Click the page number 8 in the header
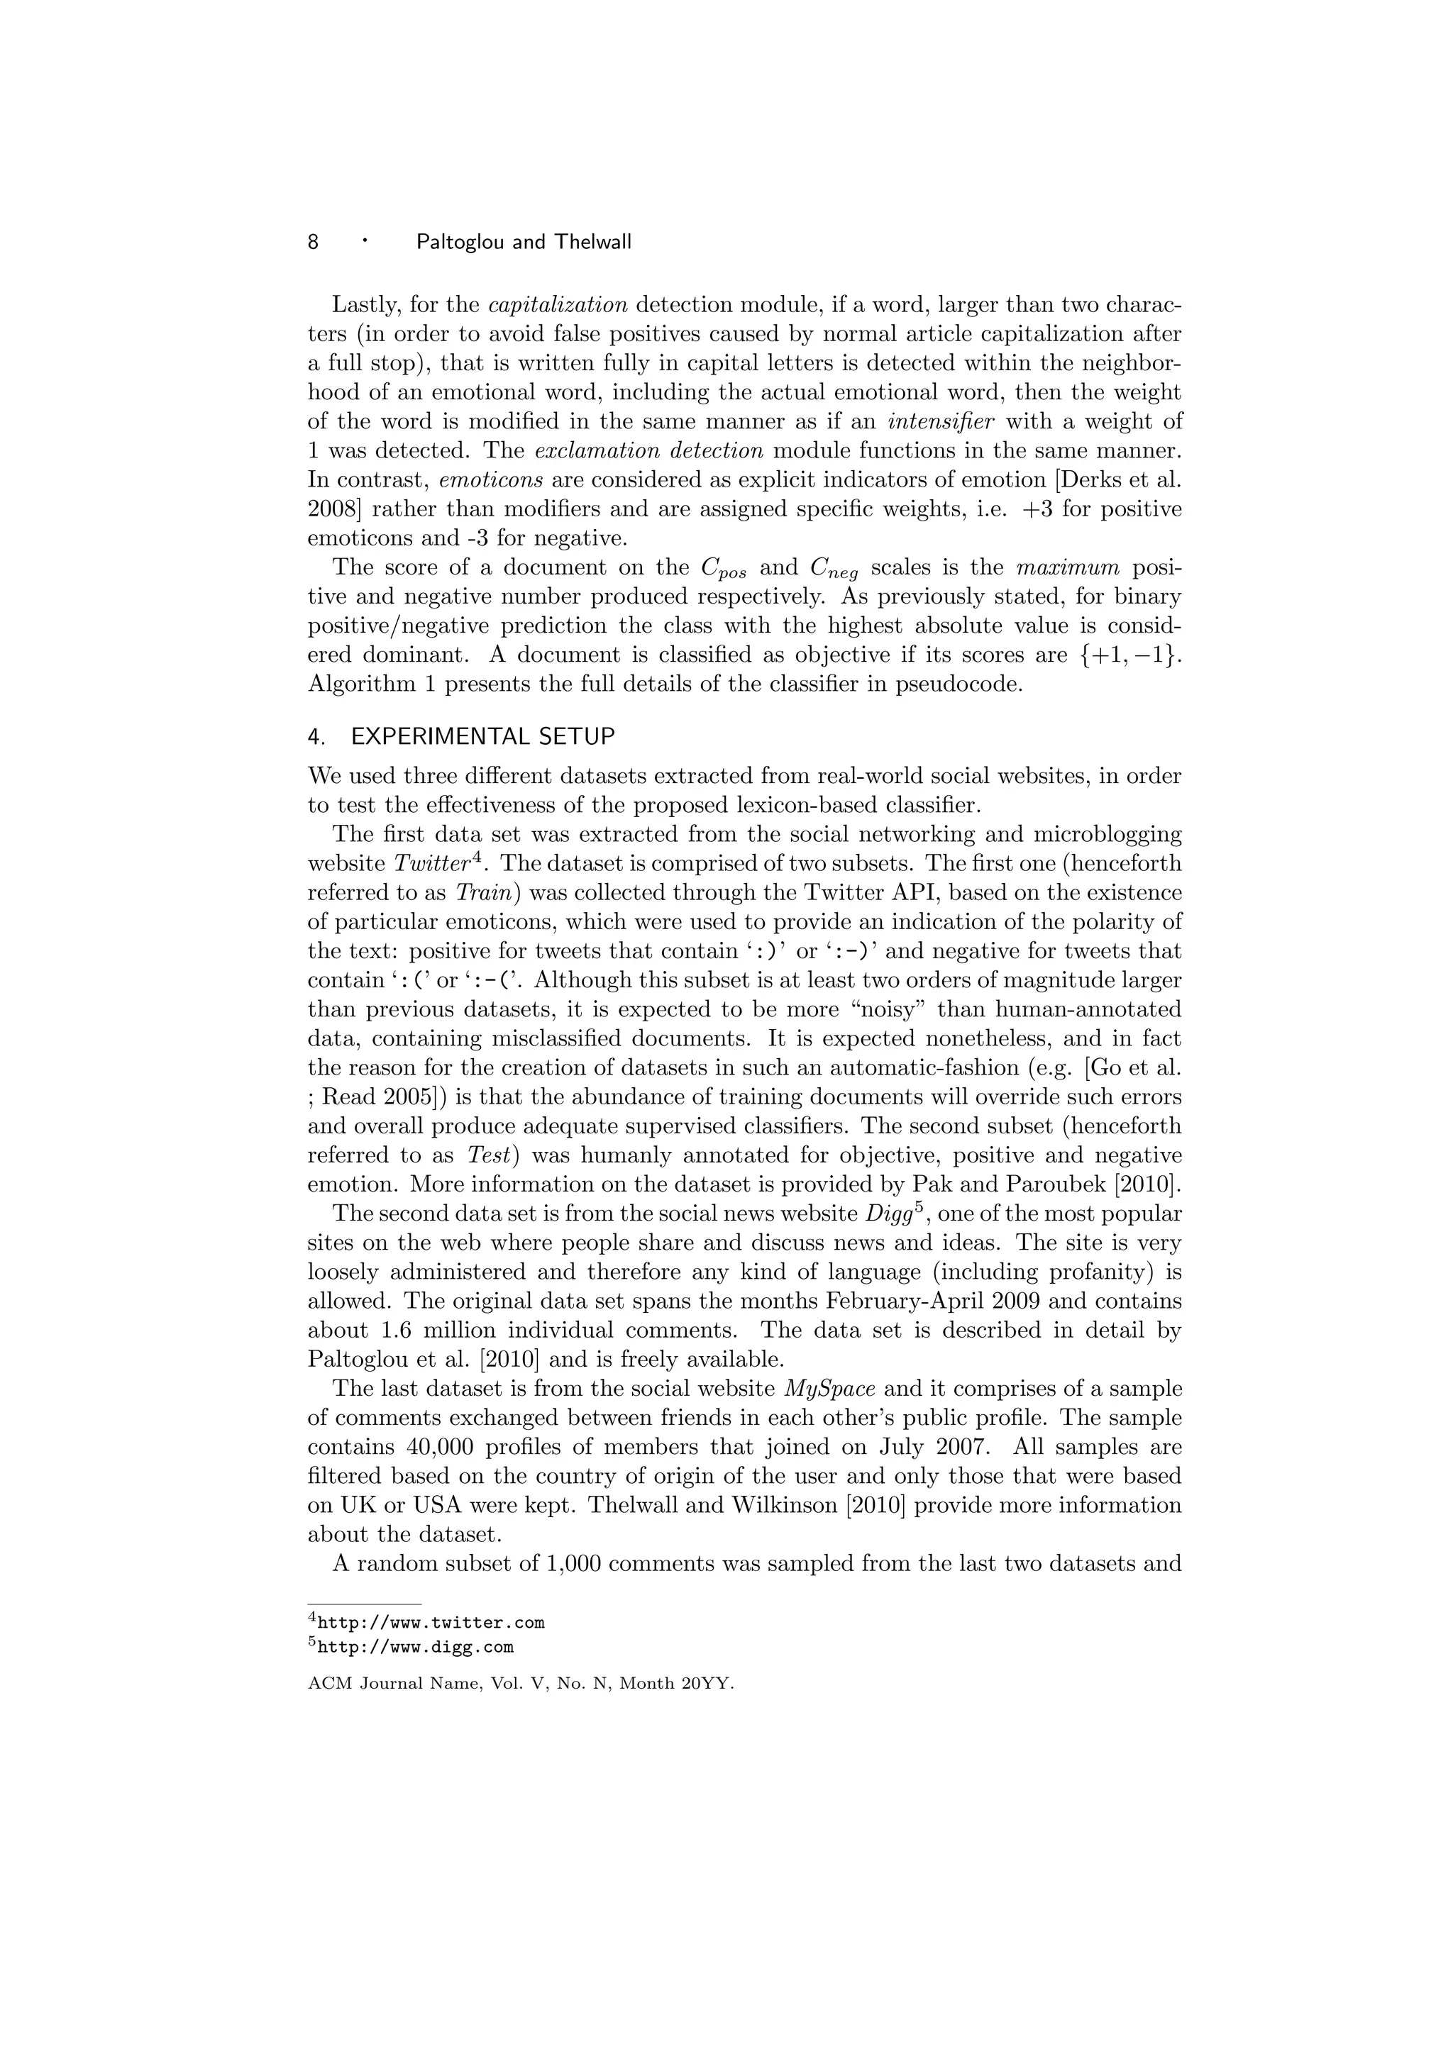pos(313,242)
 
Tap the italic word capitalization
pos(558,304)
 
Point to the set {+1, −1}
pos(1125,655)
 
